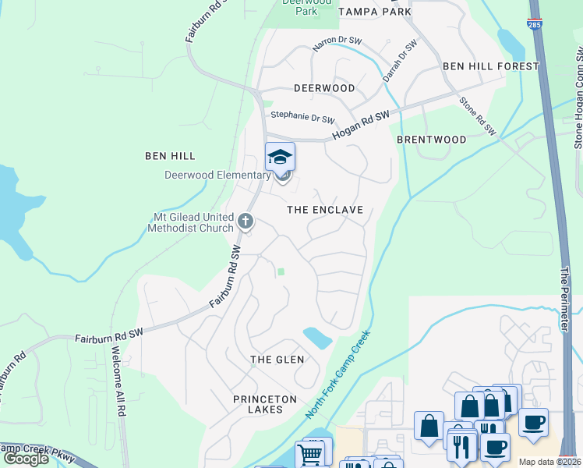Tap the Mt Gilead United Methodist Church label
coord(191,222)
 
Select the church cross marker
coord(246,222)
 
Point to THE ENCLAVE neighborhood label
coord(325,210)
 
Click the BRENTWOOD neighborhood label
coord(431,140)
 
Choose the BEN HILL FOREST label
coord(490,66)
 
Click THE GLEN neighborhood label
coord(277,359)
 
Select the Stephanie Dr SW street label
coord(302,118)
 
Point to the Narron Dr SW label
coord(337,45)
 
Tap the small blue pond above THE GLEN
coord(317,338)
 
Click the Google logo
coord(26,459)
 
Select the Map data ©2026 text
coord(549,462)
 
